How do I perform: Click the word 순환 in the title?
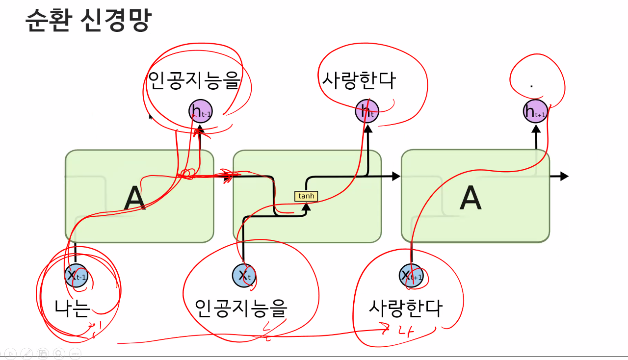[x=47, y=21]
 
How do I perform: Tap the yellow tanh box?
[x=306, y=196]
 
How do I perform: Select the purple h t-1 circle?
[x=201, y=111]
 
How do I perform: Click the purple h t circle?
[x=367, y=111]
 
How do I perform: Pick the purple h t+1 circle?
[x=535, y=111]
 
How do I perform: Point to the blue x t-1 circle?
[x=76, y=275]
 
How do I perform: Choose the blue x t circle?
[x=244, y=275]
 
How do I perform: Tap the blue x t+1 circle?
[x=411, y=275]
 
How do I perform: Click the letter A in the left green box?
[x=134, y=199]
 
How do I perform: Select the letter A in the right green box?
[x=471, y=199]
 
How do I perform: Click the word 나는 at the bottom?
[x=73, y=308]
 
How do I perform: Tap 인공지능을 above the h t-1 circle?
[x=194, y=81]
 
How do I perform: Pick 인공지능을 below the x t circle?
[x=240, y=308]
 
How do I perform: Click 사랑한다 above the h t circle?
[x=358, y=81]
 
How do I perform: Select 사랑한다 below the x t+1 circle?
[x=405, y=309]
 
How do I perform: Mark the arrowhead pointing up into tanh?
[x=306, y=206]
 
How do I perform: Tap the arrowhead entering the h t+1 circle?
[x=536, y=129]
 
